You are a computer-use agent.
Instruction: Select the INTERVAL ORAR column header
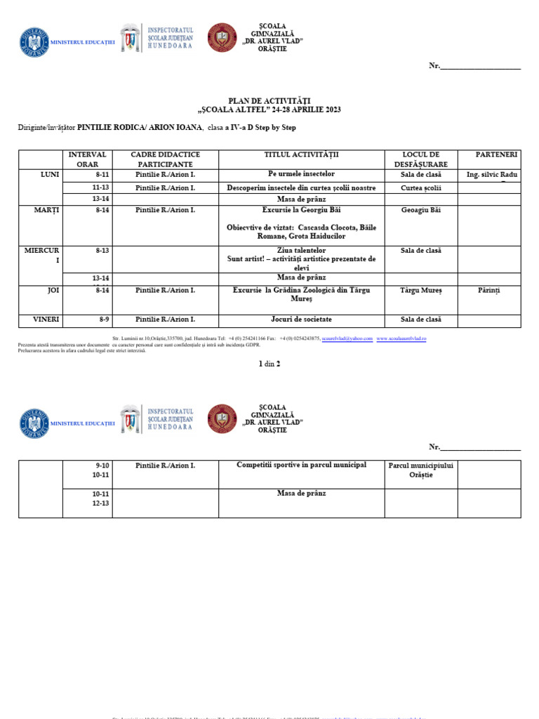[87, 159]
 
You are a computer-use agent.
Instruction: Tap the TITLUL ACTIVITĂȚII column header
[301, 154]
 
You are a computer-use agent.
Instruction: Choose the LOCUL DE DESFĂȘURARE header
[420, 159]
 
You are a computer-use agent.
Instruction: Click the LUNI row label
[51, 174]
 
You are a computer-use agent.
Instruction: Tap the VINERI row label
[46, 319]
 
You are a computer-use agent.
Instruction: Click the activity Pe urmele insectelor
[301, 174]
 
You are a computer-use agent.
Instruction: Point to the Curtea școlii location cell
[420, 188]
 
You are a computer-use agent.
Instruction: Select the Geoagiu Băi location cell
[420, 210]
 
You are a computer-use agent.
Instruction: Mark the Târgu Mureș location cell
[420, 290]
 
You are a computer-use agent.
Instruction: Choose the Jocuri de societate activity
[301, 319]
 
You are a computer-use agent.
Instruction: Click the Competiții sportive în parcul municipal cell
[301, 465]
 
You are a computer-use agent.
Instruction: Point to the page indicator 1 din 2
[269, 364]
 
